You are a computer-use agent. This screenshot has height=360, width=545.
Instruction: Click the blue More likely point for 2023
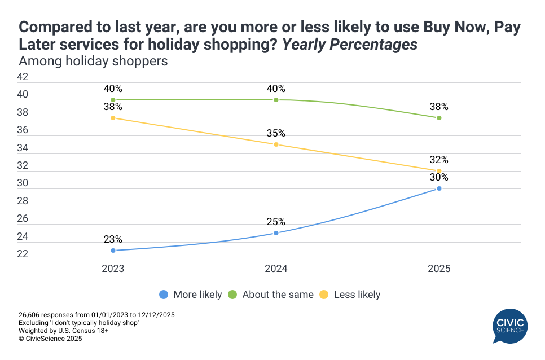pyautogui.click(x=113, y=251)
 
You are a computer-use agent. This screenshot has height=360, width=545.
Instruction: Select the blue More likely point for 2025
pyautogui.click(x=439, y=188)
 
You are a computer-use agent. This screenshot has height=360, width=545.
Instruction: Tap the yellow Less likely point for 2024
pyautogui.click(x=276, y=144)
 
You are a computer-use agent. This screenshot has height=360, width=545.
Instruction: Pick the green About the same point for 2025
pyautogui.click(x=439, y=118)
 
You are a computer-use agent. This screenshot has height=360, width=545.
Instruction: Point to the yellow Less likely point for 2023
pyautogui.click(x=113, y=118)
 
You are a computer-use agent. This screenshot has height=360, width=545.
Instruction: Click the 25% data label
pyautogui.click(x=276, y=222)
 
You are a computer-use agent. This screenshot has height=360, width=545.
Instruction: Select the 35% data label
pyautogui.click(x=276, y=134)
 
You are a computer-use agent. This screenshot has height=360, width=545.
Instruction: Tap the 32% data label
pyautogui.click(x=439, y=160)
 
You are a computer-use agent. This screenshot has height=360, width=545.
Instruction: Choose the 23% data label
pyautogui.click(x=113, y=239)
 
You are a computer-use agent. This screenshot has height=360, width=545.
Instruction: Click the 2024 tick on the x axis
pyautogui.click(x=276, y=269)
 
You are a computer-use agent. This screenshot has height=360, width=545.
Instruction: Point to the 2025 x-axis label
pyautogui.click(x=439, y=269)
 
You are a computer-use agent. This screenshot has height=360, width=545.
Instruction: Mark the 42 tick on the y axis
pyautogui.click(x=23, y=77)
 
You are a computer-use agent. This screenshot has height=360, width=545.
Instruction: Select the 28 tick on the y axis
pyautogui.click(x=23, y=201)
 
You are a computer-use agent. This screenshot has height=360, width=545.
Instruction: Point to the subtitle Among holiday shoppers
pyautogui.click(x=93, y=61)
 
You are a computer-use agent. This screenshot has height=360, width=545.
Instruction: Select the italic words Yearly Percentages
pyautogui.click(x=349, y=45)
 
